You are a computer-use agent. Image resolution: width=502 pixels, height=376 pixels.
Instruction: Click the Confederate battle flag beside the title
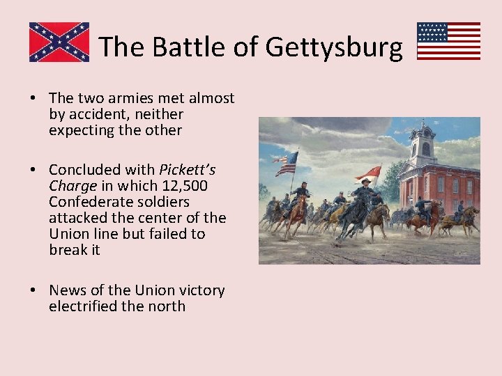click(59, 42)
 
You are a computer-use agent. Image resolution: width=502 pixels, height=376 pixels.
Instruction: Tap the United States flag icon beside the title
click(448, 41)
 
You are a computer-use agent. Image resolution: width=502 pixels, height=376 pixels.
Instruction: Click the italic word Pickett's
click(188, 169)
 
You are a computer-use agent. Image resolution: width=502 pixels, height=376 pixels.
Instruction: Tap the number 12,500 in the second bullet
click(184, 186)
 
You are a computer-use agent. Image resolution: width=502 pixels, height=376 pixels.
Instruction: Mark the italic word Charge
click(73, 186)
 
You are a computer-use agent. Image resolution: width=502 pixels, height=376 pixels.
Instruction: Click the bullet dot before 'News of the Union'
click(33, 290)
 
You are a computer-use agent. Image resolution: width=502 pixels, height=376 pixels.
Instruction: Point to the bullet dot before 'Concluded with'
click(33, 169)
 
